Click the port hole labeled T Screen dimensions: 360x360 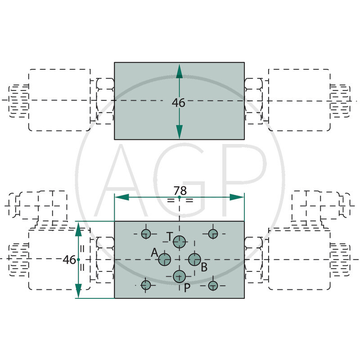(180, 242)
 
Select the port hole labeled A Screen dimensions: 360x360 (165, 259)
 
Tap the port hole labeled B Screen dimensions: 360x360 (194, 259)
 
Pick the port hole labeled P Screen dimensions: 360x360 (180, 276)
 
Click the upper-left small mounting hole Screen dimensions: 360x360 (146, 233)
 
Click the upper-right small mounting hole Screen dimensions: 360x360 (213, 233)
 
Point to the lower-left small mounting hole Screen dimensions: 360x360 (146, 285)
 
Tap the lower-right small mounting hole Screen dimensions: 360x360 (213, 285)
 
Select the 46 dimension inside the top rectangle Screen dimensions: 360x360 (179, 103)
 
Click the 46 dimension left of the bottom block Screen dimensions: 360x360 (69, 260)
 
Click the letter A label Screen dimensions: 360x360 (154, 253)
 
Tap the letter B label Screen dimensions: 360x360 (204, 267)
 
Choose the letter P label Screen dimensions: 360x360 (187, 287)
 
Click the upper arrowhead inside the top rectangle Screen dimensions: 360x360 (180, 70)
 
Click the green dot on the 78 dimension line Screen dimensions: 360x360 (180, 198)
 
